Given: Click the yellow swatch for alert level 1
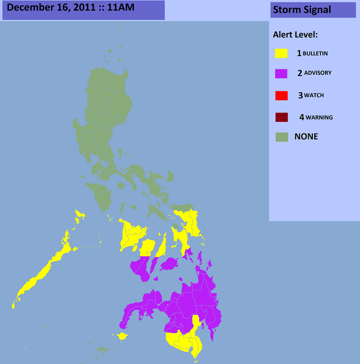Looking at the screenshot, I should click(x=281, y=53).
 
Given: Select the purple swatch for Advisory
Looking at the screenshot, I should click(x=281, y=73).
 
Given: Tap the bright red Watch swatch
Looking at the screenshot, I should click(x=281, y=95).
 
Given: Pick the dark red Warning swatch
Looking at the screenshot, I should click(x=281, y=118).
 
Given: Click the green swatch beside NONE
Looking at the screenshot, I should click(x=281, y=137).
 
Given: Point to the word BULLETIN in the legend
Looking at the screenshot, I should click(x=315, y=54).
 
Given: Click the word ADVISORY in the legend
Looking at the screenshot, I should click(x=317, y=73).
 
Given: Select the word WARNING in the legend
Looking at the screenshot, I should click(x=319, y=118).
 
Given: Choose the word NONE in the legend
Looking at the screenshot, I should click(x=306, y=136).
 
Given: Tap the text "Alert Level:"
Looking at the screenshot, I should click(x=295, y=34).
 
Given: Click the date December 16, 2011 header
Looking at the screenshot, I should click(x=83, y=9).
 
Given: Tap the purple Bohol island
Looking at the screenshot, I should click(x=169, y=264).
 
